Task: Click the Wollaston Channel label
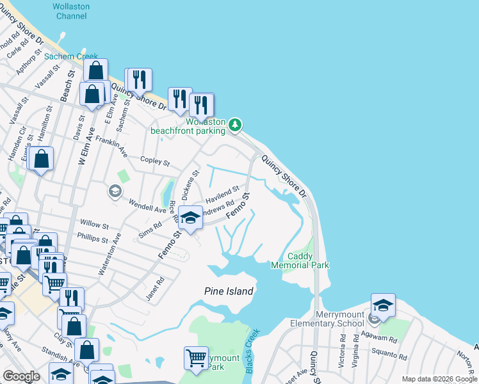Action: pyautogui.click(x=70, y=10)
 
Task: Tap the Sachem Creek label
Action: pyautogui.click(x=71, y=56)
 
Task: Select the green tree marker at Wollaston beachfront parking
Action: pyautogui.click(x=236, y=124)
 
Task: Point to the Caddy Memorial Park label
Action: pyautogui.click(x=300, y=260)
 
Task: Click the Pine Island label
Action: pyautogui.click(x=229, y=291)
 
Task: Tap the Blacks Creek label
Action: pyautogui.click(x=252, y=351)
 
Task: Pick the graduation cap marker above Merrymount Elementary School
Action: pyautogui.click(x=383, y=305)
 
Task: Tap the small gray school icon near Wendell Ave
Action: pyautogui.click(x=115, y=191)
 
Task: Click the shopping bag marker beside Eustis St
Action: pyautogui.click(x=41, y=159)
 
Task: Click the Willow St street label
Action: pyautogui.click(x=94, y=225)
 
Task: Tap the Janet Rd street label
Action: pyautogui.click(x=158, y=282)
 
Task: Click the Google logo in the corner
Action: pyautogui.click(x=21, y=376)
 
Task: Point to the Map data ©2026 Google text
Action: pyautogui.click(x=439, y=379)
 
